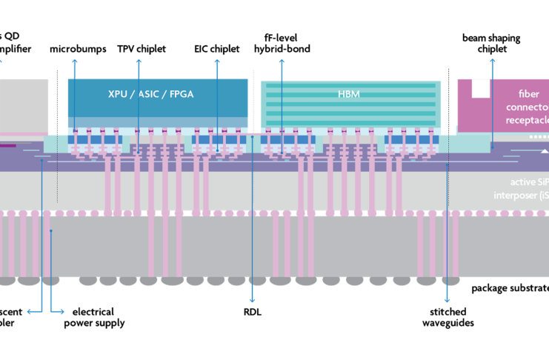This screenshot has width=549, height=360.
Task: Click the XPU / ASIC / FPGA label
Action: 157,94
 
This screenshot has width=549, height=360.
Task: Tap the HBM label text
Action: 349,94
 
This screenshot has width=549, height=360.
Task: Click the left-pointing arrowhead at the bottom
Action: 30,312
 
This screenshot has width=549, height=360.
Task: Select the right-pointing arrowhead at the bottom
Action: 62,312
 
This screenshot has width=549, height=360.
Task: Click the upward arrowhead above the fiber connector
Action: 492,60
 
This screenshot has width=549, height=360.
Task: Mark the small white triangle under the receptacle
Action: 545,150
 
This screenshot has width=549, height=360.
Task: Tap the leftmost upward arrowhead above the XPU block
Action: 75,61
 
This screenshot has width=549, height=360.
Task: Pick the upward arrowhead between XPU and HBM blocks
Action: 281,61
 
